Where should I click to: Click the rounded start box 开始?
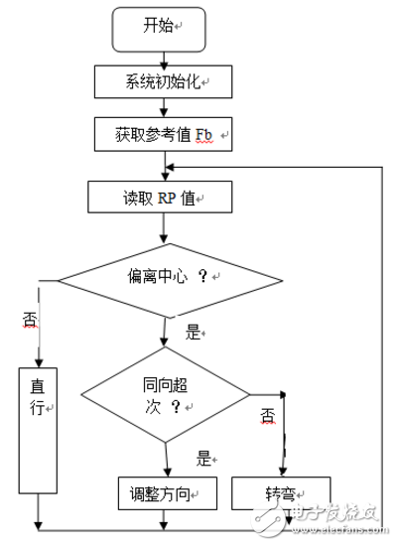point(160,30)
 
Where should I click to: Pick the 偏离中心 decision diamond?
point(165,278)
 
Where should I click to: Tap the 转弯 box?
point(281,492)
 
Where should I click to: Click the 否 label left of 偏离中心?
point(29,319)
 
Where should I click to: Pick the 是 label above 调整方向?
point(204,458)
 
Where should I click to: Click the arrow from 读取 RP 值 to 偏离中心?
point(163,230)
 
